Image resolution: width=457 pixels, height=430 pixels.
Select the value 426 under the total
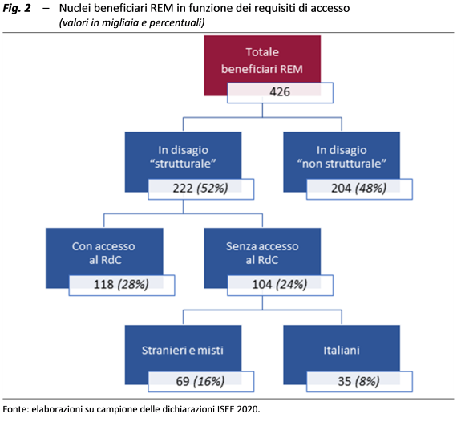click(x=280, y=93)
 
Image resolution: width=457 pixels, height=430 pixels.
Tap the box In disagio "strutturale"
click(x=183, y=156)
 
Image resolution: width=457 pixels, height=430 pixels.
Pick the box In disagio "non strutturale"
click(x=342, y=156)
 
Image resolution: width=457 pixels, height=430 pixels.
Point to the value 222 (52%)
click(x=200, y=189)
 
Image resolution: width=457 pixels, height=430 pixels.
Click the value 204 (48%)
click(x=359, y=189)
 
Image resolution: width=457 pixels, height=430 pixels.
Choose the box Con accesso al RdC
click(x=104, y=253)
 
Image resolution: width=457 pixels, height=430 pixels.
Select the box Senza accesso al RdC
click(x=262, y=253)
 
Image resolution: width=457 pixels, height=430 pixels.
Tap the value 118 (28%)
click(x=122, y=286)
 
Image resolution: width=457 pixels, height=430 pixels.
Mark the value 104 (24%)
click(x=280, y=286)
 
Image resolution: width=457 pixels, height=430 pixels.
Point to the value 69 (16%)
click(x=200, y=382)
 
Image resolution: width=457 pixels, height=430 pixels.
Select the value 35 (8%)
click(x=359, y=382)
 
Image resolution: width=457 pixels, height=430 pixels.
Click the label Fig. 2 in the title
click(x=17, y=9)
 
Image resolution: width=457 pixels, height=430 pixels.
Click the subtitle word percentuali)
click(x=177, y=22)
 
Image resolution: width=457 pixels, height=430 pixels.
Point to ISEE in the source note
click(x=225, y=409)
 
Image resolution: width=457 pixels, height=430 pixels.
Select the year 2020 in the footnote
click(x=248, y=409)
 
